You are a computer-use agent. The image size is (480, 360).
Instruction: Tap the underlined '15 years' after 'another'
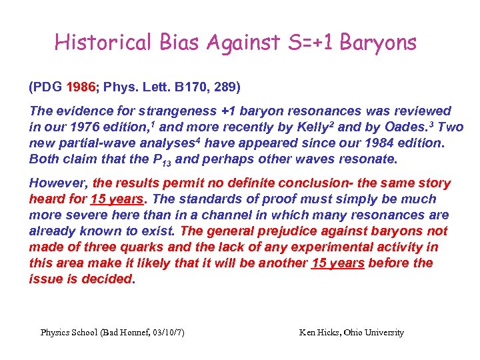[x=338, y=263]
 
